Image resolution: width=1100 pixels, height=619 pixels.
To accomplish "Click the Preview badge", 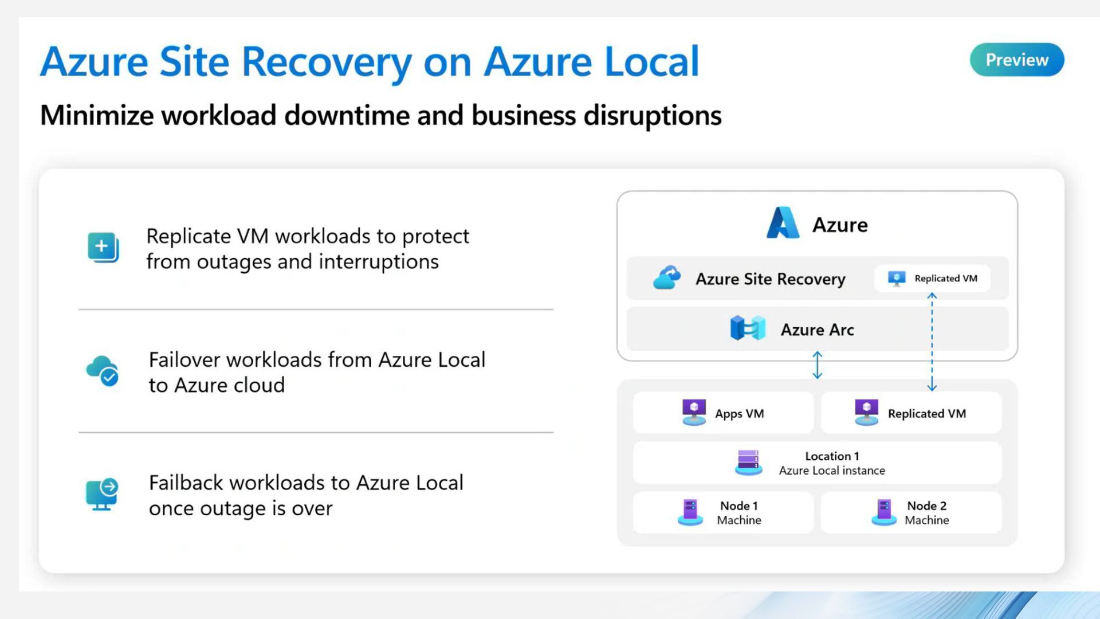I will (x=1016, y=60).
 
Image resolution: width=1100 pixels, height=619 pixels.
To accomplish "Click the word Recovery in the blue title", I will (x=327, y=62).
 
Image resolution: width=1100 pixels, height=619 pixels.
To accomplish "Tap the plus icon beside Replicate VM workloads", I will (x=103, y=247).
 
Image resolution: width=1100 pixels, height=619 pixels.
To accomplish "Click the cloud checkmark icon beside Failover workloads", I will (x=103, y=371).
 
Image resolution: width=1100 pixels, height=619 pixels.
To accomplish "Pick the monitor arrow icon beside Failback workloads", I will (x=102, y=494).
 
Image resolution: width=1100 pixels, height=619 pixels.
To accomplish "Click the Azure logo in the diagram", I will (x=783, y=223).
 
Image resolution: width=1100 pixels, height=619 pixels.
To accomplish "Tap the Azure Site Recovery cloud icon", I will (x=667, y=278).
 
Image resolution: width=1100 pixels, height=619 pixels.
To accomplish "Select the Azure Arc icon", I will (x=748, y=328).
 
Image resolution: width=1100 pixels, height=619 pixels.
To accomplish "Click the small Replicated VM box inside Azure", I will (x=932, y=279).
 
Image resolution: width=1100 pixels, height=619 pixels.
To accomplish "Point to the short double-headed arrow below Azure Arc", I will (x=818, y=365).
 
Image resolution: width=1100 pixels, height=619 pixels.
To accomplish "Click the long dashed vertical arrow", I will (x=932, y=342).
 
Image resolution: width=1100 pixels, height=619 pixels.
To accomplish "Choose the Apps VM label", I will (x=739, y=414).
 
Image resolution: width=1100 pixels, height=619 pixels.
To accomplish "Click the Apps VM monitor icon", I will (x=694, y=413).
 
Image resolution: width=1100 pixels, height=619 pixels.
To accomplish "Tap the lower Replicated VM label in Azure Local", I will (x=926, y=414).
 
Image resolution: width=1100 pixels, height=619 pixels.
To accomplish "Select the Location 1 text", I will (x=832, y=456).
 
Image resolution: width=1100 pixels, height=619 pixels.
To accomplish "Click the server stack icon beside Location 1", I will (x=748, y=463).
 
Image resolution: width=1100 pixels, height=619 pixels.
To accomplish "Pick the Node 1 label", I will (x=738, y=506).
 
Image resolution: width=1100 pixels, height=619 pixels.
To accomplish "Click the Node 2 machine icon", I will (x=884, y=512).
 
